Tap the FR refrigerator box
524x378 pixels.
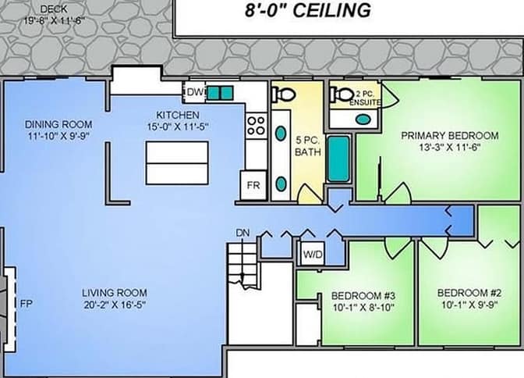[253, 185]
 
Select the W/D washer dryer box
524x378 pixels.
[313, 254]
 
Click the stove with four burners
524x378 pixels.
[256, 126]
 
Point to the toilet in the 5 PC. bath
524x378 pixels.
[283, 94]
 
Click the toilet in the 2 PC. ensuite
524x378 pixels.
[342, 94]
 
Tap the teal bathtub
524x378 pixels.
[338, 159]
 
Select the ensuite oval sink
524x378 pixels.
[363, 119]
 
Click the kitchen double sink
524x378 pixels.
[220, 93]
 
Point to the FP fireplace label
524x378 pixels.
[27, 304]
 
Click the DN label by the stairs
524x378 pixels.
[243, 233]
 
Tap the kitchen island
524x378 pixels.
[177, 162]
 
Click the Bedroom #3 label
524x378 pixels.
[363, 296]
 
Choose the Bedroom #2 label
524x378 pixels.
[469, 293]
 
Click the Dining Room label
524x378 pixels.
[58, 124]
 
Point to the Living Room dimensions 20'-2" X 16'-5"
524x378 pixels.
[115, 305]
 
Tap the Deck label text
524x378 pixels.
[54, 9]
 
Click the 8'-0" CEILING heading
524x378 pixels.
[308, 10]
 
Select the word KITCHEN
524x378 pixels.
[178, 115]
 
